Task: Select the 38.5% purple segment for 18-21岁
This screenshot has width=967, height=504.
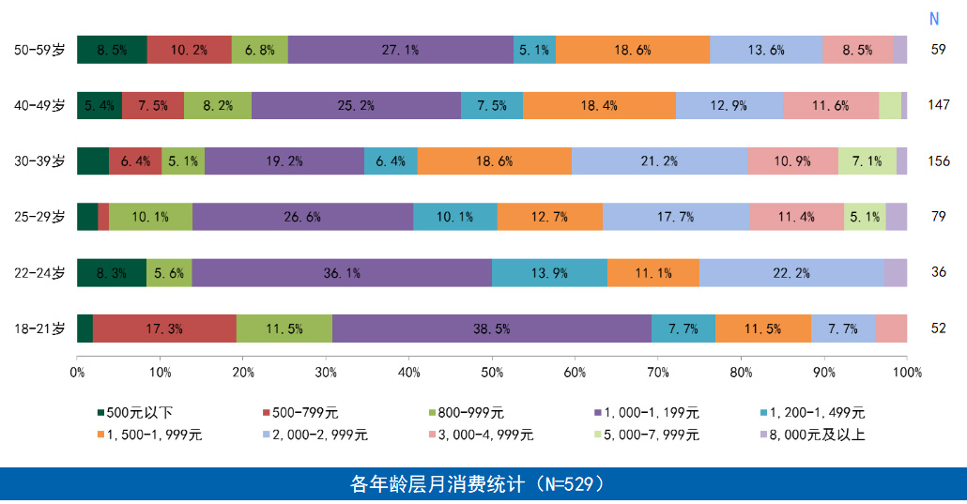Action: point(491,328)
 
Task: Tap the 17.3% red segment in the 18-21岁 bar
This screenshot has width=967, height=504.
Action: point(164,328)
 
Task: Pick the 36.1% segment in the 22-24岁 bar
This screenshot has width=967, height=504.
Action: point(342,273)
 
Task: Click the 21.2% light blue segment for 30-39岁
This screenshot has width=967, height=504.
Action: point(659,161)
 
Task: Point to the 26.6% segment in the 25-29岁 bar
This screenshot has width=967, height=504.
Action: point(302,217)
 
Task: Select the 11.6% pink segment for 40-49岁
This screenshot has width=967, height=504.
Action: point(830,105)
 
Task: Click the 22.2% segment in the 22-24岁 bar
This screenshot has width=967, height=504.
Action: point(790,273)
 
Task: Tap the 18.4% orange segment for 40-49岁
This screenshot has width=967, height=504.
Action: point(599,105)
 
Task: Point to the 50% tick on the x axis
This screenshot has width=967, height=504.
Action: point(492,373)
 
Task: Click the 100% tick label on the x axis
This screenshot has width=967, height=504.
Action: point(907,373)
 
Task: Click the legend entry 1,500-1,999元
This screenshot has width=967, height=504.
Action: point(155,435)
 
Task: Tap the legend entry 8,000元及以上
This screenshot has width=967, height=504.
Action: point(807,435)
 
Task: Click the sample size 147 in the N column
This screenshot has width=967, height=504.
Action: point(938,105)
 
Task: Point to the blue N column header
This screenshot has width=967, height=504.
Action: point(934,19)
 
